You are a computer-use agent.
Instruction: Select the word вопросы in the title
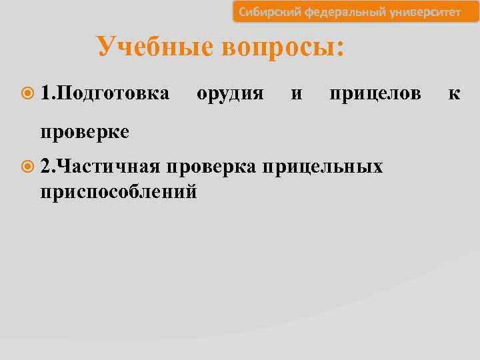281,47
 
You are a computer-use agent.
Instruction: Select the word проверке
85,131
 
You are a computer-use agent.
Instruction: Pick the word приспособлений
119,191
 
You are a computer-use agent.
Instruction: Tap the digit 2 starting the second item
45,165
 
